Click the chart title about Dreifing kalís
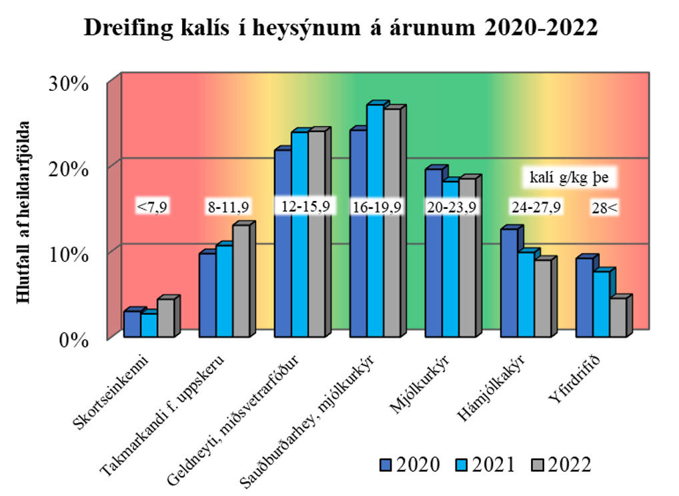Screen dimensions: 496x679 (340, 28)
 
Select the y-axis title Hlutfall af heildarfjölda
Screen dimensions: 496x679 (25, 212)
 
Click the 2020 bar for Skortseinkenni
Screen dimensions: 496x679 (131, 324)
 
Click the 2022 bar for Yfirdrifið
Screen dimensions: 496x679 (617, 317)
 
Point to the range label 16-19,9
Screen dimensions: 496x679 (377, 207)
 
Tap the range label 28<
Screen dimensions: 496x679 (604, 208)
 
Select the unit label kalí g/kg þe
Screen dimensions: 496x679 (569, 178)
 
